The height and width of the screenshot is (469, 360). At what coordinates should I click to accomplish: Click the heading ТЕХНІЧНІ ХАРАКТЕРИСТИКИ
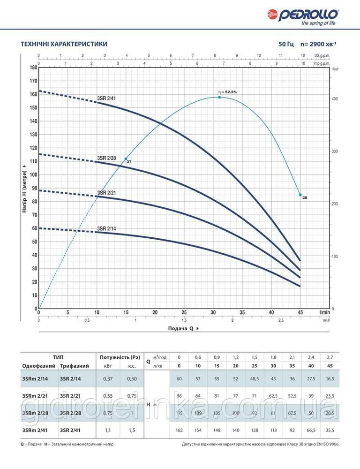pyautogui.click(x=64, y=44)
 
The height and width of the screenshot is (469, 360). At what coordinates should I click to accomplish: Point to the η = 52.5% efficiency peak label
pyautogui.click(x=228, y=92)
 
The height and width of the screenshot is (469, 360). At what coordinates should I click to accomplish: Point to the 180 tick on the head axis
pyautogui.click(x=33, y=68)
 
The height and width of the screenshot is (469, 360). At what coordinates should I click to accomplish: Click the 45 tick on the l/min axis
pyautogui.click(x=300, y=312)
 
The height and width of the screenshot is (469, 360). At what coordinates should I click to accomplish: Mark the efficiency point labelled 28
pyautogui.click(x=300, y=195)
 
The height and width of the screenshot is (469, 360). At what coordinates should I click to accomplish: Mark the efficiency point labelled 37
pyautogui.click(x=126, y=159)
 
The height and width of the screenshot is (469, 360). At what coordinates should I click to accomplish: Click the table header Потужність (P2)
pyautogui.click(x=117, y=357)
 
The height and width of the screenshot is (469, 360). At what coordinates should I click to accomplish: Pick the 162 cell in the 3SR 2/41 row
pyautogui.click(x=179, y=429)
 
